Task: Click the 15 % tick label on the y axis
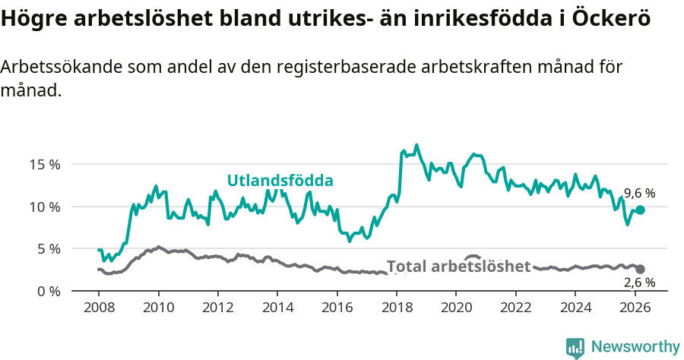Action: pos(44,164)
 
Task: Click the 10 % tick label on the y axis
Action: pos(44,207)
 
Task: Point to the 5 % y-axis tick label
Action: pos(47,248)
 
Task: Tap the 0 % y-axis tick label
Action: pos(47,291)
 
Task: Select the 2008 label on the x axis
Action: pos(99,308)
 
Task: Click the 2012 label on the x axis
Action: pos(217,308)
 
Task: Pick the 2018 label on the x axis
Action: pos(396,308)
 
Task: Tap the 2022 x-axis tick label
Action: pos(515,308)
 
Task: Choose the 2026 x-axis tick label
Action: pos(635,308)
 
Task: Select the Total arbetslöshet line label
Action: pos(458,267)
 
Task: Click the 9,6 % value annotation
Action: pos(639,194)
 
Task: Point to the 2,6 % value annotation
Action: pos(639,283)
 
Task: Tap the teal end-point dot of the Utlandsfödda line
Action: pos(640,210)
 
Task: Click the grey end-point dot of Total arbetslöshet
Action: pos(640,269)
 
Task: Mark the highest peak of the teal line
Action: pos(416,144)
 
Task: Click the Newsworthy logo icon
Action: pos(575,348)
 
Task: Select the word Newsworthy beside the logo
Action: pos(635,347)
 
